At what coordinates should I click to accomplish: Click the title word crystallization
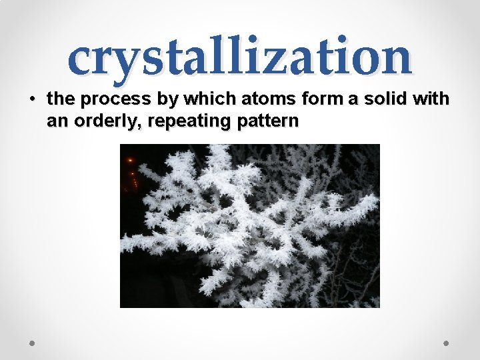(240, 57)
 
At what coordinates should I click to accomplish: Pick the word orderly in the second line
(100, 122)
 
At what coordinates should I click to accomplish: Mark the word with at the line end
(431, 100)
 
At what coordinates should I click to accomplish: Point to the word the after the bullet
(60, 100)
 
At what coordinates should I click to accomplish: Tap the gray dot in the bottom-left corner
(32, 343)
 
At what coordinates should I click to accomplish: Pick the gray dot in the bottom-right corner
(447, 343)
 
